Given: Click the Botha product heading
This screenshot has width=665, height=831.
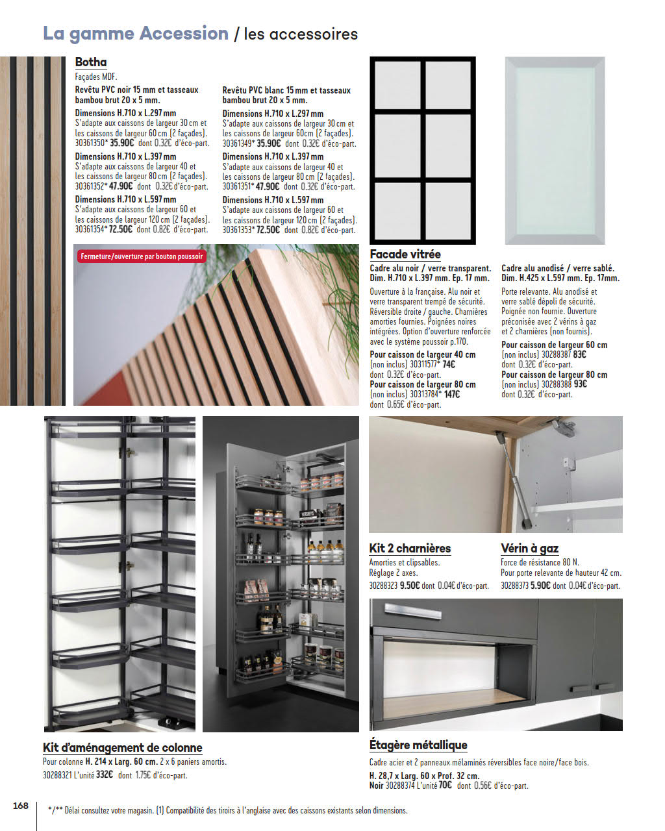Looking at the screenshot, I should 91,62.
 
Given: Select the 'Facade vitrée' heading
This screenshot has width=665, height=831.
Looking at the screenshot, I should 405,254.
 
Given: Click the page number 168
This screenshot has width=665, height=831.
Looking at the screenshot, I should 21,806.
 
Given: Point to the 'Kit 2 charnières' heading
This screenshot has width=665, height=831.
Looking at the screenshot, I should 410,549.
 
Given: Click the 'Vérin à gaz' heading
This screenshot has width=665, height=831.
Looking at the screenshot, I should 529,549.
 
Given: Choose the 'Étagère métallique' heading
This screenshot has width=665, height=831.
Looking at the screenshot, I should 418,745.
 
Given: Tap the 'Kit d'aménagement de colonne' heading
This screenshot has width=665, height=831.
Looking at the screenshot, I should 123,748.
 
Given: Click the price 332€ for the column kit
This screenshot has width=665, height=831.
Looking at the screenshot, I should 105,775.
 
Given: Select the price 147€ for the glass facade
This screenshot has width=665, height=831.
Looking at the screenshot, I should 452,394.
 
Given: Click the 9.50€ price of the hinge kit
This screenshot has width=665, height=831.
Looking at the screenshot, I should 410,586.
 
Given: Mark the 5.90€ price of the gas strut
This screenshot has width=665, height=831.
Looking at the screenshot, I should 541,586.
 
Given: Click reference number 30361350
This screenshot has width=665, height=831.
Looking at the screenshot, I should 90,143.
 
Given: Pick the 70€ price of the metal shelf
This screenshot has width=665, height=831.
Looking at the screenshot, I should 445,786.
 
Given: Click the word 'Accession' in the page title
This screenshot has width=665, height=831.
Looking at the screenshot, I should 184,33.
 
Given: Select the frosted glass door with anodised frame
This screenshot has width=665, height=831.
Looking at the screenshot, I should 555,151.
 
